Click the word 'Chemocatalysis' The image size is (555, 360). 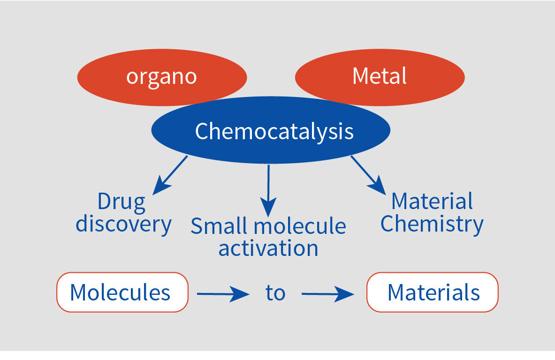tap(274, 132)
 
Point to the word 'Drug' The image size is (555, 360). tap(122, 202)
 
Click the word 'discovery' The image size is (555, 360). tap(123, 224)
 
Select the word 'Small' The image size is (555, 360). tap(219, 226)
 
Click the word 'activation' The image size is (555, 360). tap(268, 248)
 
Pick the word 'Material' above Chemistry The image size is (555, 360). tap(432, 201)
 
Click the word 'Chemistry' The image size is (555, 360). tap(432, 224)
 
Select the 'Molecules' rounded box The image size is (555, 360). tap(122, 292)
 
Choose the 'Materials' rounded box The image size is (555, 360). tap(433, 292)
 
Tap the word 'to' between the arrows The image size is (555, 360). tap(275, 293)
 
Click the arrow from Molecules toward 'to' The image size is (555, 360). tap(223, 294)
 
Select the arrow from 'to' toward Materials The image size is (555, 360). tap(328, 294)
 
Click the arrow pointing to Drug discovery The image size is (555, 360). tap(170, 175)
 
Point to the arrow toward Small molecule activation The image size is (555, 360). tap(268, 191)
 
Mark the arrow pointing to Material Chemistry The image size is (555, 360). tap(368, 175)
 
